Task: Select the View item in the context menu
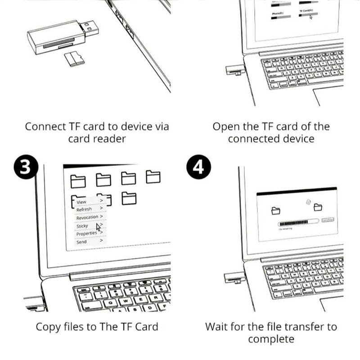pos(81,202)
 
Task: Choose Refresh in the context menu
pos(84,209)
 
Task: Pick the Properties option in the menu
pos(86,234)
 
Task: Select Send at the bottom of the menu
pos(81,242)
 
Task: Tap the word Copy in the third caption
pos(48,326)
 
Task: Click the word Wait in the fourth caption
pos(217,326)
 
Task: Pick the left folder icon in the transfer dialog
pos(276,210)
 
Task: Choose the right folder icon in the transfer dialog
pos(318,207)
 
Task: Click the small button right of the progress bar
pos(328,220)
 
